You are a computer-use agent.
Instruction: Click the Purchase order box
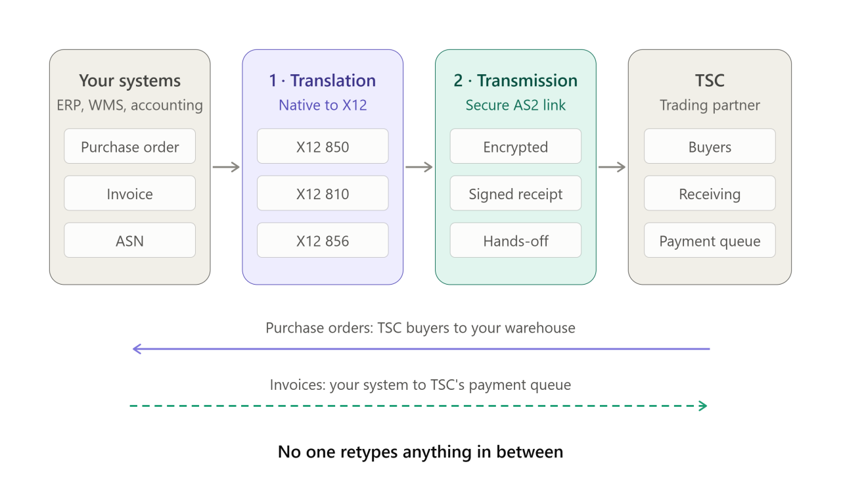129,146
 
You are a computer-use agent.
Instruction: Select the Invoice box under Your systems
129,193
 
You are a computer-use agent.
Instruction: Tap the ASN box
129,240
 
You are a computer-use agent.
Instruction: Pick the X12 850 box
323,146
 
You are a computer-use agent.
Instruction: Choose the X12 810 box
323,193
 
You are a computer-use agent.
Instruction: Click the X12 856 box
323,240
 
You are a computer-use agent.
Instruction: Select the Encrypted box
516,146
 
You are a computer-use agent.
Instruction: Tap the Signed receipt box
516,193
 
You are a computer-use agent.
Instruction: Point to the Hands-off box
516,240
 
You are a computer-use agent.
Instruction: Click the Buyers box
710,146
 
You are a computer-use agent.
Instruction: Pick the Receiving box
710,193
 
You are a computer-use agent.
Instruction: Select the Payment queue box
710,240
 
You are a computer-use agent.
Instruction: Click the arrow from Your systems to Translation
226,167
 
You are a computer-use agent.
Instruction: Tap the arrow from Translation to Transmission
419,167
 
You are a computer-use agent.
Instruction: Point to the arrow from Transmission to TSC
612,167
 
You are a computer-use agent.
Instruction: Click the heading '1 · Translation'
323,80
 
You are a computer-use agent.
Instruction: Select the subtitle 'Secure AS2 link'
516,105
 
